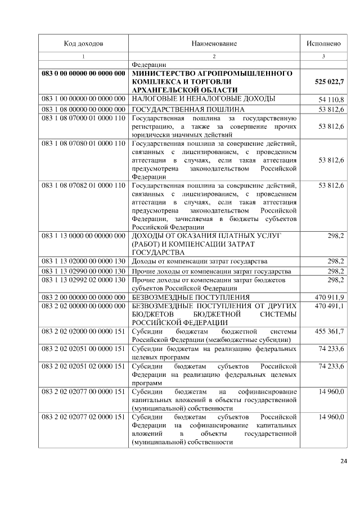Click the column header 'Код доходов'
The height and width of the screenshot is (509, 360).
click(x=83, y=43)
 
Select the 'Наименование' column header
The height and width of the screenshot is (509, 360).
click(x=214, y=43)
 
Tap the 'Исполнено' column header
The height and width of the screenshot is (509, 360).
click(x=323, y=43)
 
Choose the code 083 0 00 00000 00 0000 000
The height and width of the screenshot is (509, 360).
click(x=83, y=74)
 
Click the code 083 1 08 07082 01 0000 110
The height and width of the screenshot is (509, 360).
click(x=83, y=185)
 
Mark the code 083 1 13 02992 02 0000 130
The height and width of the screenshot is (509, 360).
click(x=83, y=280)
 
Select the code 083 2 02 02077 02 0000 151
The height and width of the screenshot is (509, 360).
click(x=83, y=417)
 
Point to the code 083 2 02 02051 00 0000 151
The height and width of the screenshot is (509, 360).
click(x=83, y=349)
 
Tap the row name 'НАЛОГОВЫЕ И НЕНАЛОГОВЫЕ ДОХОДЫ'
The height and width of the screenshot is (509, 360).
click(x=203, y=99)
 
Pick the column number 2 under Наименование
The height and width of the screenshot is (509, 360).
click(x=214, y=57)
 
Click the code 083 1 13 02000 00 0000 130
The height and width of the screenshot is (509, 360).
click(x=83, y=262)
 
